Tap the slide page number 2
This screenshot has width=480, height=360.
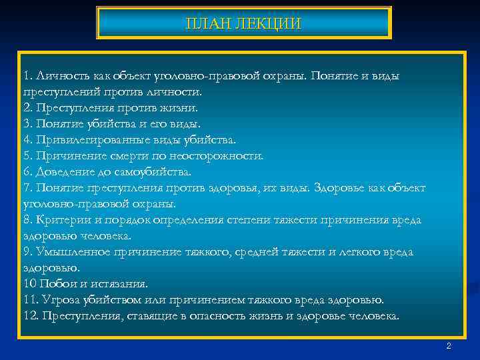click(x=449, y=346)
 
